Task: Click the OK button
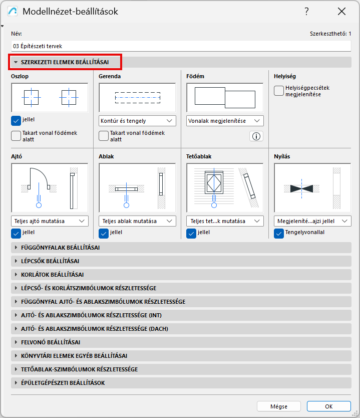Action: (x=328, y=406)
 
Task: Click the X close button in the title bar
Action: (x=341, y=12)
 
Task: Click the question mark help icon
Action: (x=306, y=12)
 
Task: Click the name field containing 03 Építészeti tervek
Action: (x=181, y=46)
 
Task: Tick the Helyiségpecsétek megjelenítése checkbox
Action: (x=279, y=91)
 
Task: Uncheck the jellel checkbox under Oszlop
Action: (x=16, y=120)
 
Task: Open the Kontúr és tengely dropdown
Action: (x=137, y=121)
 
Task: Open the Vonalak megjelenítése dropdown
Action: (x=225, y=121)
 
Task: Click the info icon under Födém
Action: (x=256, y=136)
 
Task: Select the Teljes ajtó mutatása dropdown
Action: (x=50, y=221)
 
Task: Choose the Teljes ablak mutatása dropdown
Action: (x=137, y=221)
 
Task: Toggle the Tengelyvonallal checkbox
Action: (x=279, y=234)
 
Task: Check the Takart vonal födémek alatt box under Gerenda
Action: (x=104, y=136)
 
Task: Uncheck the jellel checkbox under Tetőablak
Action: (x=191, y=234)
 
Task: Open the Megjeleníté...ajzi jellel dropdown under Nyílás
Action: (x=312, y=221)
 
